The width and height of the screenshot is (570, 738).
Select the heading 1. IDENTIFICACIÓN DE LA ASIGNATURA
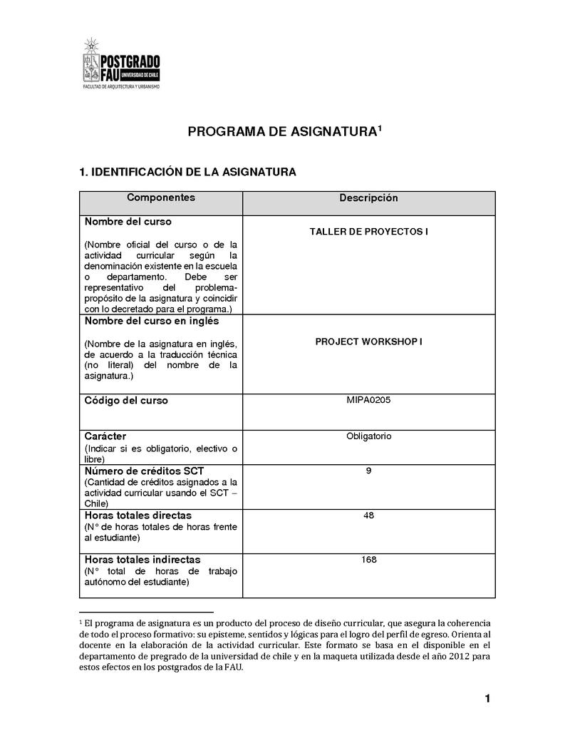click(x=187, y=172)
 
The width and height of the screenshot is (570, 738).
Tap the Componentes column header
click(x=160, y=198)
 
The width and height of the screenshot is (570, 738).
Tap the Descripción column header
click(x=368, y=198)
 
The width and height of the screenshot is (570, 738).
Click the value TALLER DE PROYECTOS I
click(x=368, y=232)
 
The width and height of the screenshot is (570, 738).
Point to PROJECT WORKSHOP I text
click(x=368, y=342)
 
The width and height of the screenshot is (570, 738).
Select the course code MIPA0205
click(x=368, y=400)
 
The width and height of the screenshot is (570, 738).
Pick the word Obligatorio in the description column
click(x=368, y=436)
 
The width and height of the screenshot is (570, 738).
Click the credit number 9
click(x=368, y=471)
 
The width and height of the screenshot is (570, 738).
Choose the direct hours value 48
click(x=368, y=515)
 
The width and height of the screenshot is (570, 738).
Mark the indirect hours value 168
click(x=368, y=560)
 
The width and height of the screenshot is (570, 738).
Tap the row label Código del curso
click(x=126, y=401)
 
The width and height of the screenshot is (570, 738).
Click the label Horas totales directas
click(x=138, y=515)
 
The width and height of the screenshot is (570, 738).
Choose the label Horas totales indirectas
click(x=142, y=560)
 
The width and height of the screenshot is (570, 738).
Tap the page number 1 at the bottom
click(x=487, y=699)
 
